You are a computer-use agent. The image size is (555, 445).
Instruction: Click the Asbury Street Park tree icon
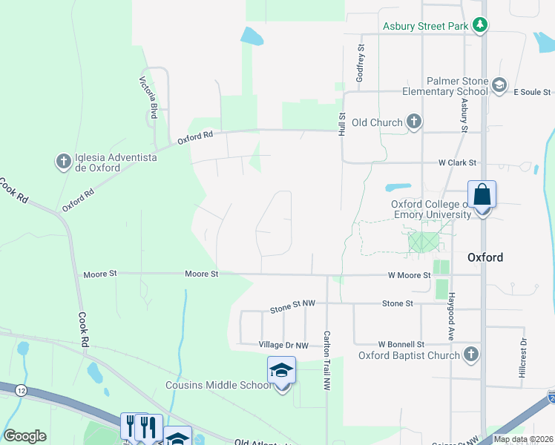tap(480, 26)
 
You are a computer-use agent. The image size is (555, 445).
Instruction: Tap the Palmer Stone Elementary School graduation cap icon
tap(499, 85)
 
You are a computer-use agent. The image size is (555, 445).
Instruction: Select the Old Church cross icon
tap(414, 122)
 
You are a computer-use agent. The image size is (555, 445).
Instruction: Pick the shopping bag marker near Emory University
tap(482, 197)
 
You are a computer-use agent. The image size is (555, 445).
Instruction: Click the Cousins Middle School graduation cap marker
tap(281, 370)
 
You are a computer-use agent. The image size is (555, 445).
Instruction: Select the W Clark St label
tap(456, 162)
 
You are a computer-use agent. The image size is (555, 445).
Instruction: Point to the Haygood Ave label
tap(450, 316)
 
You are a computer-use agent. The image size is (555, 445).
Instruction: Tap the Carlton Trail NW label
tap(326, 360)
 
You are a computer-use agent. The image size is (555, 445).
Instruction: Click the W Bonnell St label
tap(401, 344)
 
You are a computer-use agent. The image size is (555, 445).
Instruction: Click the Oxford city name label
tap(485, 257)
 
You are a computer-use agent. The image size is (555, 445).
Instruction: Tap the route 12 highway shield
tap(20, 390)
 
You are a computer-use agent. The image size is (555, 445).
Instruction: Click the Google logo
tap(25, 435)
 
